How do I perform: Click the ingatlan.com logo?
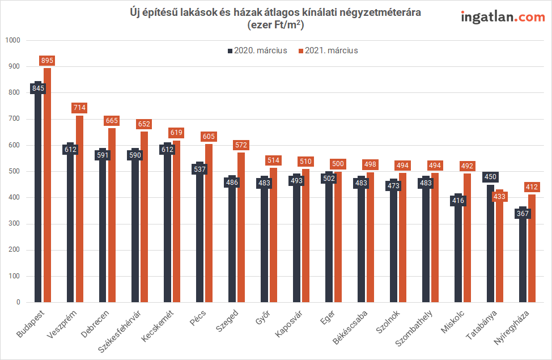(x=503, y=17)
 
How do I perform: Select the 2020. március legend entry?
(x=258, y=50)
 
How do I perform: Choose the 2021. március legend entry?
(x=328, y=50)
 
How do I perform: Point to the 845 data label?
(x=38, y=88)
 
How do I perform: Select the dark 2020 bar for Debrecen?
(x=103, y=238)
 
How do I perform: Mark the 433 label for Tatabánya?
(x=500, y=197)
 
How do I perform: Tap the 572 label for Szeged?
(x=241, y=146)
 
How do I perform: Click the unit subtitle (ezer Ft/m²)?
(x=276, y=24)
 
